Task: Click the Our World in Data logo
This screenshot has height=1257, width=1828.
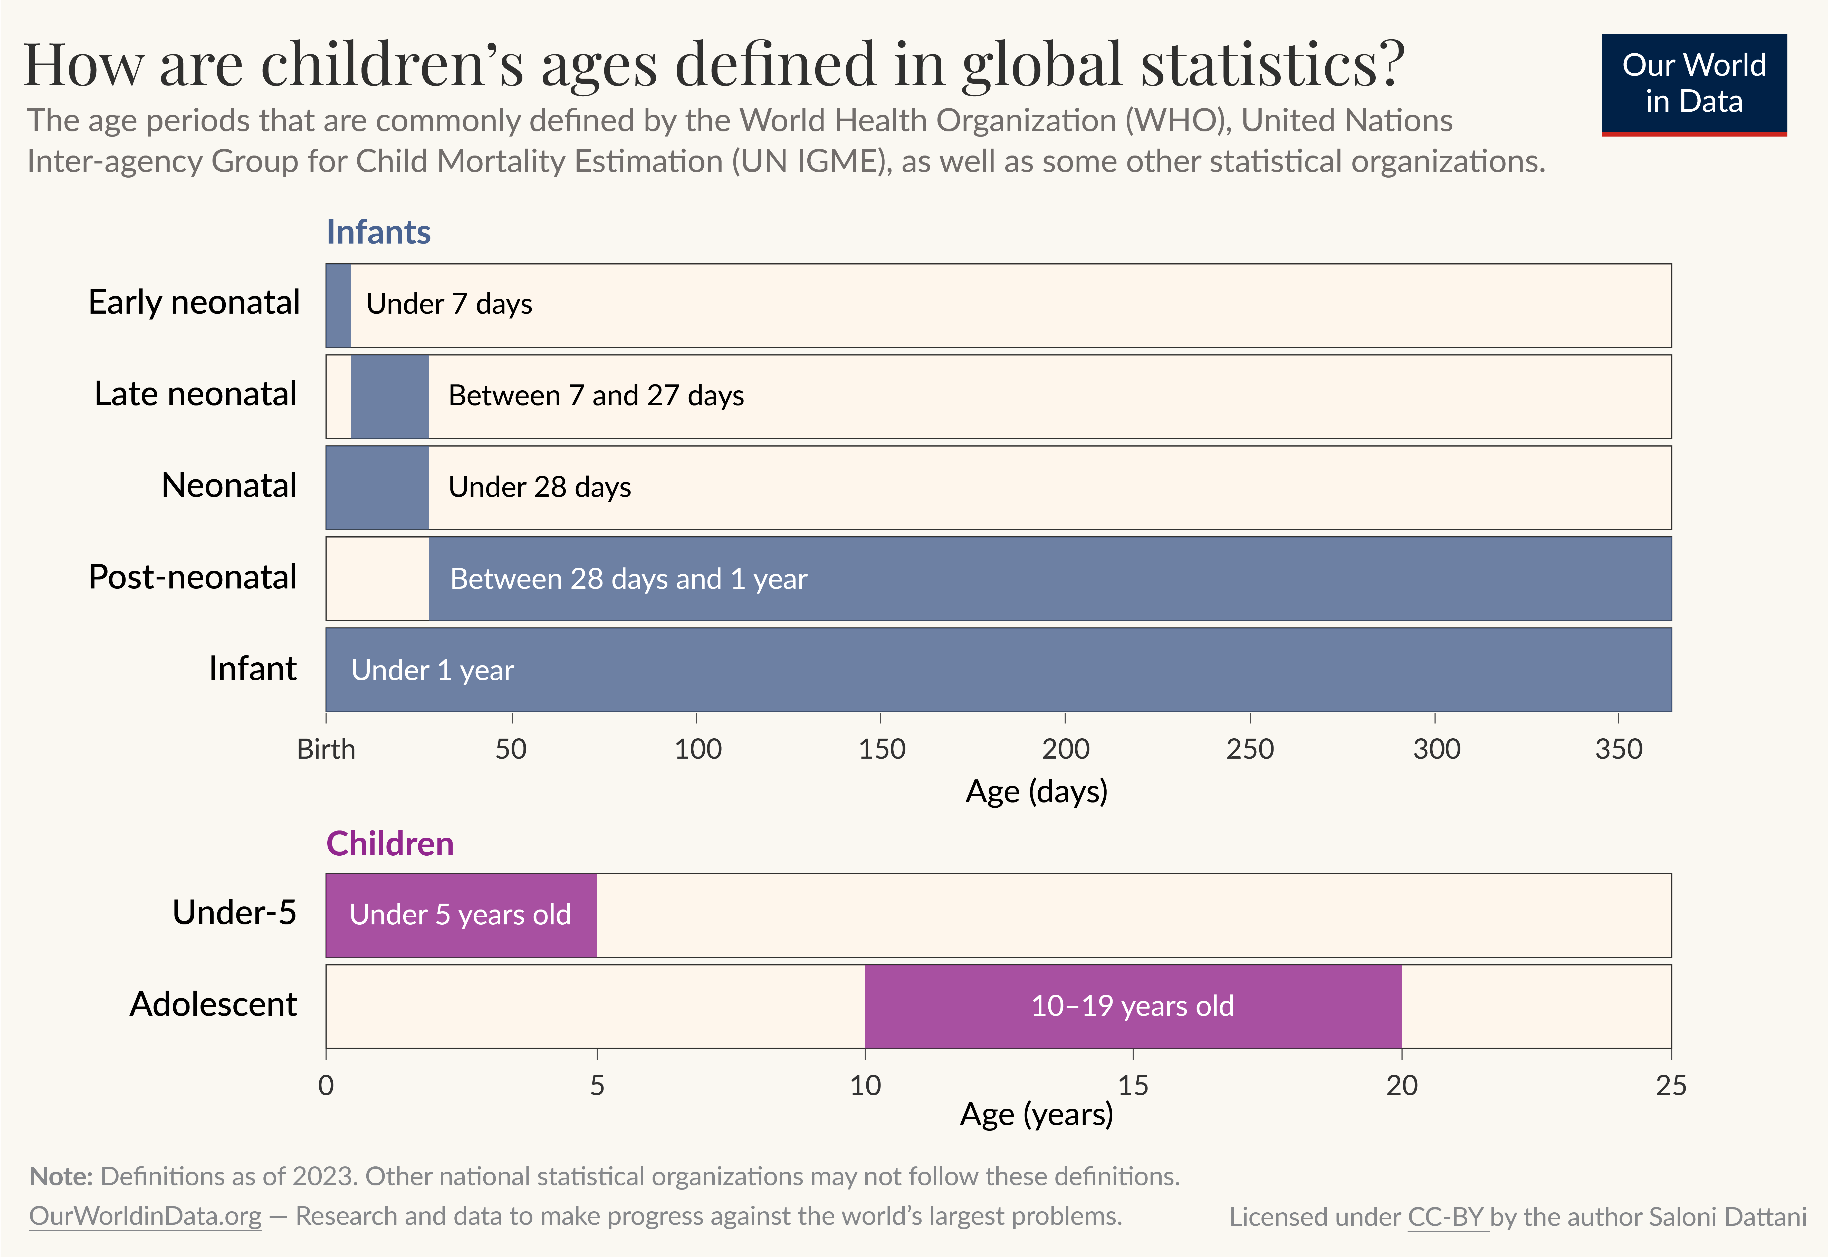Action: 1693,83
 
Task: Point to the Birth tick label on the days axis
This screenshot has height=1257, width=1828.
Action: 326,749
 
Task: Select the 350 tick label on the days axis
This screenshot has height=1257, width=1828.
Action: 1619,749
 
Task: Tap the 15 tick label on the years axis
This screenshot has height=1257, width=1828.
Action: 1133,1085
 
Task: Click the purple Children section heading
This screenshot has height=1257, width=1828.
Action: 390,844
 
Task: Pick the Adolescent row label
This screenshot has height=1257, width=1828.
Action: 213,1004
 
